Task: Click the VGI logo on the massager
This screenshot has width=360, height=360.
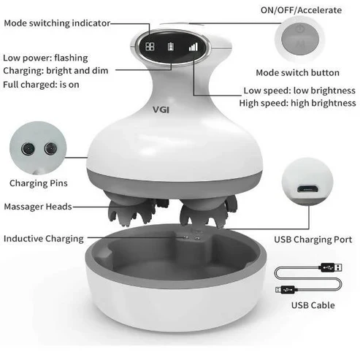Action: point(161,110)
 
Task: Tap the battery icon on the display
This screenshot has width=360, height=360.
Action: point(171,47)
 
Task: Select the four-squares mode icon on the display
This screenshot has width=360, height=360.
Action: point(150,46)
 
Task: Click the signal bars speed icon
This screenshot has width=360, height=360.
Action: point(194,47)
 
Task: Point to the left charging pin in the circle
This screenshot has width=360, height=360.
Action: point(28,148)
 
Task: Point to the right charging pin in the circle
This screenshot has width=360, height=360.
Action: point(50,148)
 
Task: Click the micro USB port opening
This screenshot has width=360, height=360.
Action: point(307,189)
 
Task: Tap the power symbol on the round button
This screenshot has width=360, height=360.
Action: point(300,29)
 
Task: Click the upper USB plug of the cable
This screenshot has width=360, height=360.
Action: point(331,267)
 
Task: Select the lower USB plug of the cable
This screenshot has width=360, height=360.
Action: point(286,289)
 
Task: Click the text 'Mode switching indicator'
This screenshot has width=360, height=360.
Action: point(57,23)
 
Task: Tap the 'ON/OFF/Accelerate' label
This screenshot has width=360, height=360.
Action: point(301,10)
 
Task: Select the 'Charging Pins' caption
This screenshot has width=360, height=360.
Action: point(39,183)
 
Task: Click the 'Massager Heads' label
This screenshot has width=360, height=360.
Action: point(38,207)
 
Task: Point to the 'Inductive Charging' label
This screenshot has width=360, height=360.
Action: point(44,239)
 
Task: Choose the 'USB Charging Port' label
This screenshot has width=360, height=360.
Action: point(313,240)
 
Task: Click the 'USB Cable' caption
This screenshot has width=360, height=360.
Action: point(313,305)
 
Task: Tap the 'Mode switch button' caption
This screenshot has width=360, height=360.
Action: point(297,72)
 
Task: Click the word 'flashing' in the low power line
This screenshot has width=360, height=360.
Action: point(71,58)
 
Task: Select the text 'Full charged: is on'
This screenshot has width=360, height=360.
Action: point(41,85)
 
